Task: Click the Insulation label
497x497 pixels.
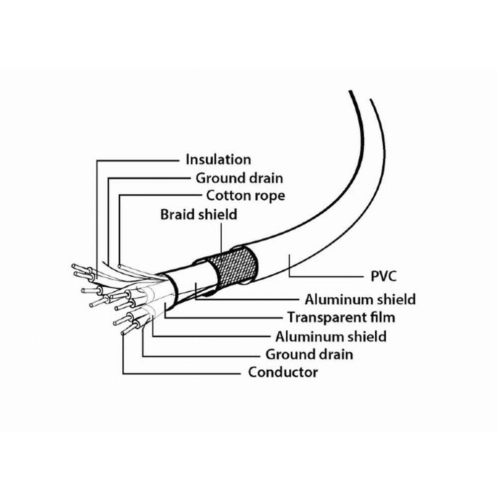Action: tap(218, 160)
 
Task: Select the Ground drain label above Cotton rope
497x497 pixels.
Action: tap(239, 177)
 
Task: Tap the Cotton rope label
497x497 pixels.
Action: tap(246, 195)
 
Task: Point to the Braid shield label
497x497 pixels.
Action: tap(198, 215)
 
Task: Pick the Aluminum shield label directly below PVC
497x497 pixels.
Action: tap(360, 299)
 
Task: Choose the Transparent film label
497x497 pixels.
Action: tap(341, 317)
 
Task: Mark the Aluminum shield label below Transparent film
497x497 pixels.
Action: tap(331, 336)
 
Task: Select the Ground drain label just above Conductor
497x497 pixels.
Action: tap(309, 354)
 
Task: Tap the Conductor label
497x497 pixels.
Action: tap(283, 372)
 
